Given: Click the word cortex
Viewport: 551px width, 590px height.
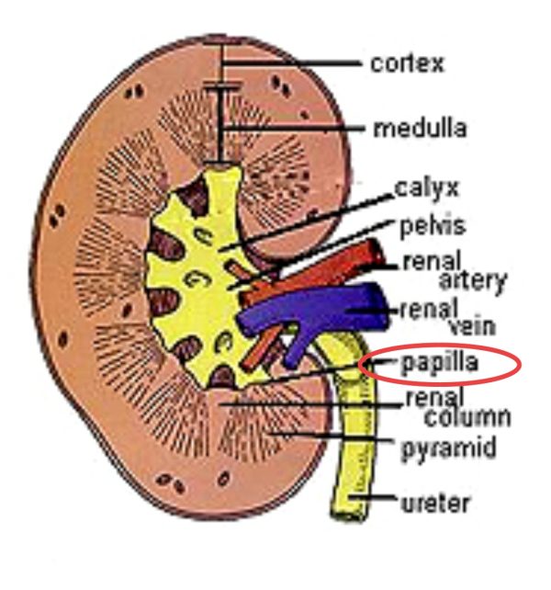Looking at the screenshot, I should coord(407,63).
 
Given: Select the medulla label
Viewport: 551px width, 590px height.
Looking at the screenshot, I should coord(419,128).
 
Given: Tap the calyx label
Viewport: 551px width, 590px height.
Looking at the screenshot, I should coord(426,188).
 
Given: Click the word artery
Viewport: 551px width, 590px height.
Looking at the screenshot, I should coord(472,280).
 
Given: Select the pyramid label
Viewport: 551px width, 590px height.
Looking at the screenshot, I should coord(449,449).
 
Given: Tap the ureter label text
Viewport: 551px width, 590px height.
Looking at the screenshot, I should coord(436,504).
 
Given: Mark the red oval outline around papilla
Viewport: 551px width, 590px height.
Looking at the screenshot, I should coord(364,365).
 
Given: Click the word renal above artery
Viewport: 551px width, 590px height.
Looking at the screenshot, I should coord(424,261).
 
